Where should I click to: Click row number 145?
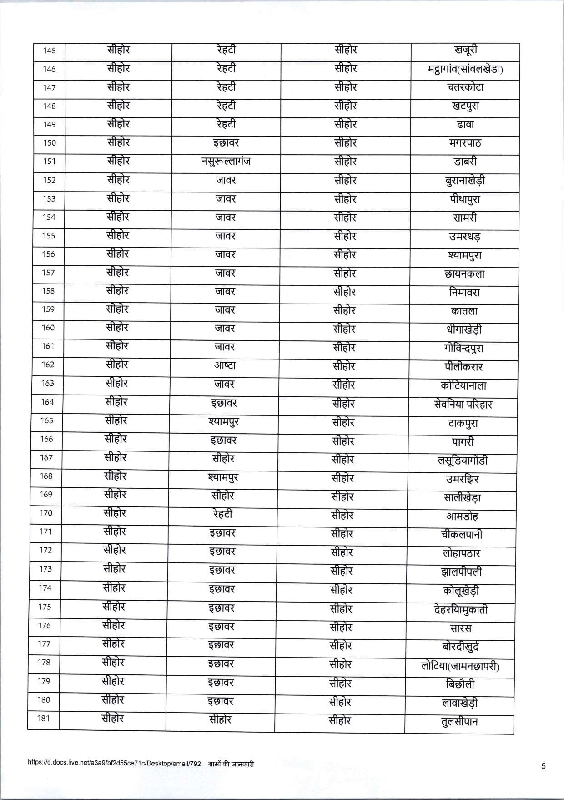pos(49,51)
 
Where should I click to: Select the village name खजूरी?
pos(465,51)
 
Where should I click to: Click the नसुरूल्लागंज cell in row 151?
pos(226,162)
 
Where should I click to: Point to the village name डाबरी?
pos(465,162)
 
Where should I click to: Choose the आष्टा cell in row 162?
pos(225,366)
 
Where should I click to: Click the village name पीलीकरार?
pos(463,367)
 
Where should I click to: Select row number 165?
pos(47,420)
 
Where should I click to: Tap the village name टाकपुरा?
pos(462,423)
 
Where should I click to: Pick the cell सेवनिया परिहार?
pos(463,404)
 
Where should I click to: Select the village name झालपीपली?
pos(461,572)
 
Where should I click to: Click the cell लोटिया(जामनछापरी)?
pos(460,666)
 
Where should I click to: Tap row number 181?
pos(44,719)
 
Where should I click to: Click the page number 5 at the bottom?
pos(543,766)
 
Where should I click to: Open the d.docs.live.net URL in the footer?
pos(114,764)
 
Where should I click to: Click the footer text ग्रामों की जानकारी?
pos(231,764)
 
